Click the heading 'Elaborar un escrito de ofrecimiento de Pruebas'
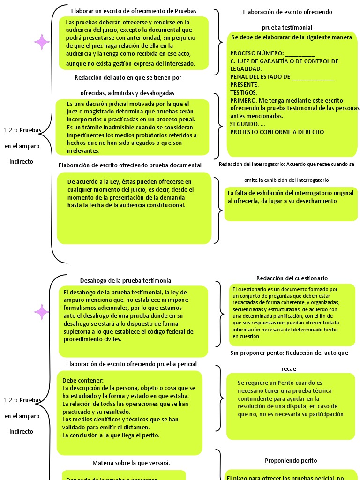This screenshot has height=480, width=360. pyautogui.click(x=134, y=11)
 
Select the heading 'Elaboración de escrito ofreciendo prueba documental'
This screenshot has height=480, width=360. pyautogui.click(x=130, y=165)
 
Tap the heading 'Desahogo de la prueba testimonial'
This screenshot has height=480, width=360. pyautogui.click(x=127, y=280)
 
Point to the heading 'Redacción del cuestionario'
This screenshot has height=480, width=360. pyautogui.click(x=292, y=278)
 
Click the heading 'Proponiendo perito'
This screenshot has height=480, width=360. pyautogui.click(x=291, y=460)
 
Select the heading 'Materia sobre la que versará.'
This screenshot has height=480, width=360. pyautogui.click(x=131, y=463)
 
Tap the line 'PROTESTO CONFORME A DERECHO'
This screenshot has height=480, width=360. pyautogui.click(x=277, y=132)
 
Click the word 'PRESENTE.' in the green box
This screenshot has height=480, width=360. pyautogui.click(x=244, y=84)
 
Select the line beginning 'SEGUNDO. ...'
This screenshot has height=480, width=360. pyautogui.click(x=248, y=124)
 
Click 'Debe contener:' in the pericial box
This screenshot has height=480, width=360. pyautogui.click(x=82, y=380)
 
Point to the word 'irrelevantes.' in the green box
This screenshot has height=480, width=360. pyautogui.click(x=83, y=150)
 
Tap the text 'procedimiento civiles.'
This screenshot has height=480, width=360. pyautogui.click(x=92, y=339)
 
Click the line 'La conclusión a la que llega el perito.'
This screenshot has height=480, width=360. pyautogui.click(x=111, y=435)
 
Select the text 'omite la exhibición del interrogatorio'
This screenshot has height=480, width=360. pyautogui.click(x=286, y=180)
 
